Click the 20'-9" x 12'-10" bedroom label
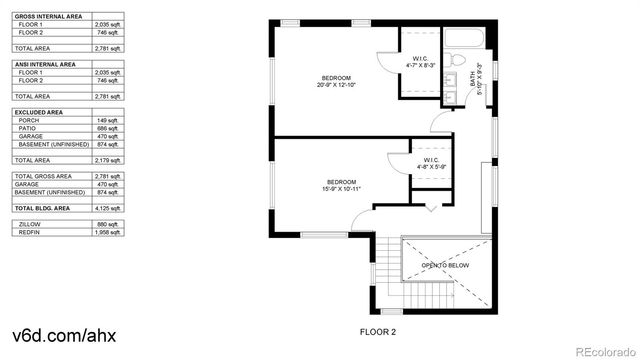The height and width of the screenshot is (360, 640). pyautogui.click(x=337, y=82)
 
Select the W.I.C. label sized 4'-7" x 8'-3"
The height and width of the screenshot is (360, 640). pyautogui.click(x=420, y=63)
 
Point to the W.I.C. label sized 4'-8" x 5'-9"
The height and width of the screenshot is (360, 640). pyautogui.click(x=430, y=164)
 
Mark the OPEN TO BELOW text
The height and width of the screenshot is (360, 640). pyautogui.click(x=445, y=266)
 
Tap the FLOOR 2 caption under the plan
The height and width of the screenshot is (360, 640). pyautogui.click(x=378, y=329)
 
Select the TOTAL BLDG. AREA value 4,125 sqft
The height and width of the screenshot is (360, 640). pyautogui.click(x=106, y=208)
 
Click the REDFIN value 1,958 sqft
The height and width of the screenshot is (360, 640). pyautogui.click(x=106, y=233)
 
